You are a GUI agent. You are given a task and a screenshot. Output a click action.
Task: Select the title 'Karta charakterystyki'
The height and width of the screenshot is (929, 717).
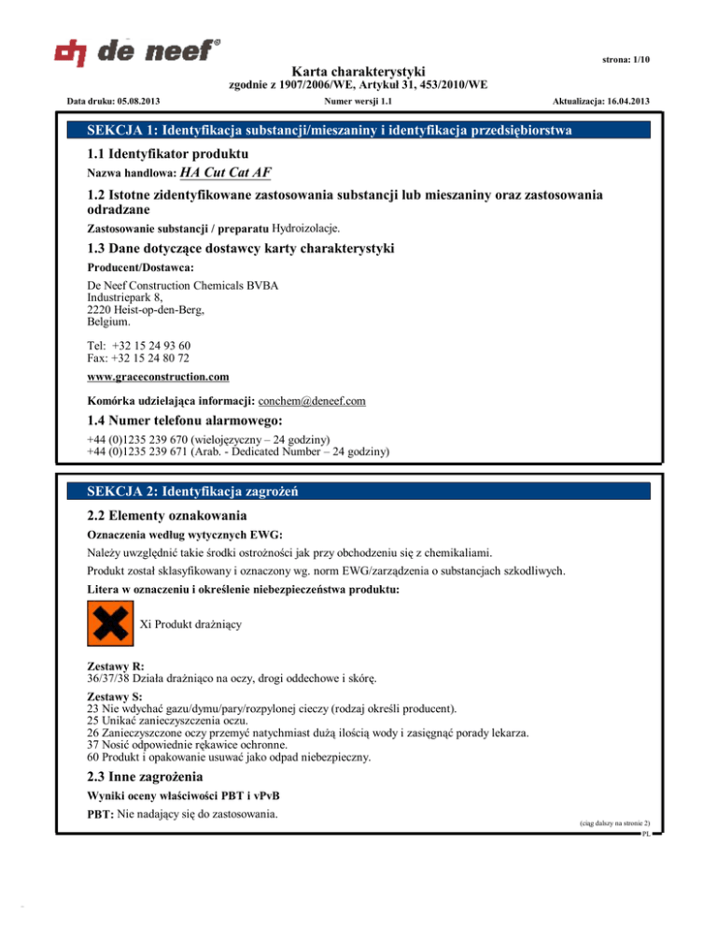tap(358, 70)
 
